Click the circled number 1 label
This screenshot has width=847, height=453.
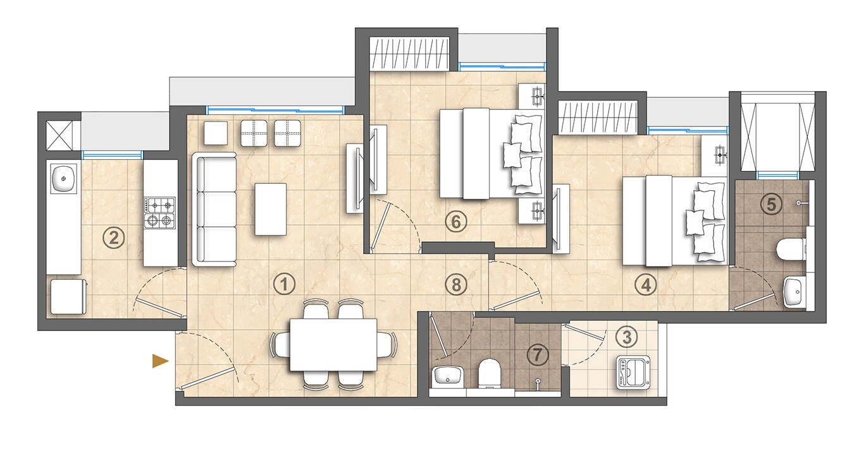tap(284, 284)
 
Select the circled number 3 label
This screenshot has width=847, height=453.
tap(626, 337)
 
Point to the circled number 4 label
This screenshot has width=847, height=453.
tap(645, 286)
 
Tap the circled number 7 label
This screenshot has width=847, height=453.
tap(538, 355)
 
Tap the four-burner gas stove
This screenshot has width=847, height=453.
tap(160, 212)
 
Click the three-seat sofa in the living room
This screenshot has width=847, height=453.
tap(215, 210)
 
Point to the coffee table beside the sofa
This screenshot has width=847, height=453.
tap(270, 209)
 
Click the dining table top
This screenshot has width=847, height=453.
tap(333, 344)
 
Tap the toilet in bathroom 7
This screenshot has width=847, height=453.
tap(489, 372)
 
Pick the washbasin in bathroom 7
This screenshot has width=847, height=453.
tap(448, 375)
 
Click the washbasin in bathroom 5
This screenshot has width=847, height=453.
tap(795, 293)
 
